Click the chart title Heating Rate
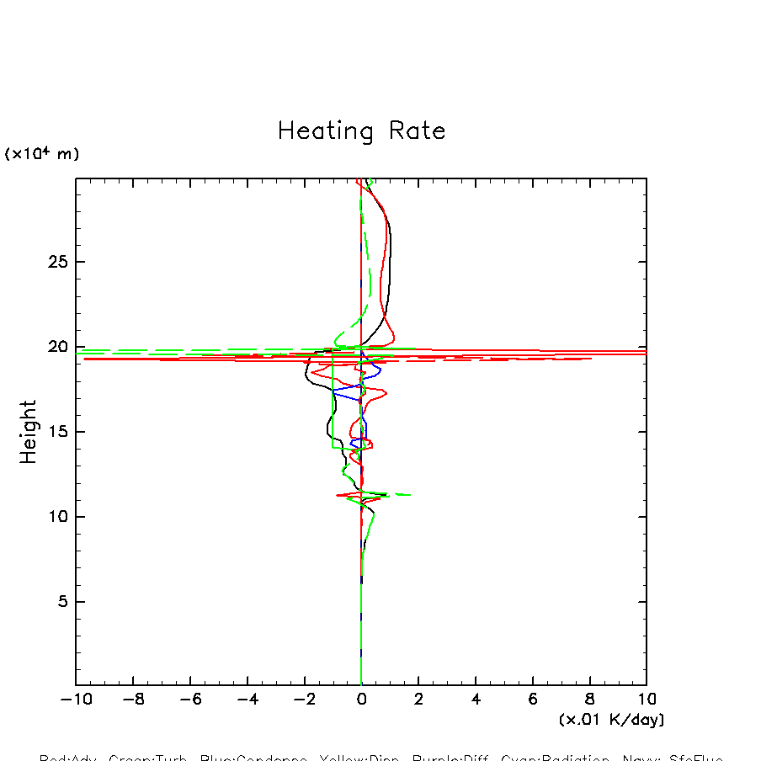click(361, 131)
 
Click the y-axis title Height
click(29, 432)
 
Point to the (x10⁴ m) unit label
click(42, 154)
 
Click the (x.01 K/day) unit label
click(611, 720)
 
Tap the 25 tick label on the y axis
click(56, 262)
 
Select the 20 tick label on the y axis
click(56, 347)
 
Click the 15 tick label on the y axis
click(56, 432)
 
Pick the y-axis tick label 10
click(56, 517)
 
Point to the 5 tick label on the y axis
click(61, 602)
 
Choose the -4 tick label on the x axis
click(246, 700)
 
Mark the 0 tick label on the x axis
click(361, 700)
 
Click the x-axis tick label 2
click(418, 700)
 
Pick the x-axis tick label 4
click(476, 700)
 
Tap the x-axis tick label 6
click(533, 700)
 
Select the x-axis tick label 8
click(589, 700)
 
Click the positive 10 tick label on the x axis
click(647, 700)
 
